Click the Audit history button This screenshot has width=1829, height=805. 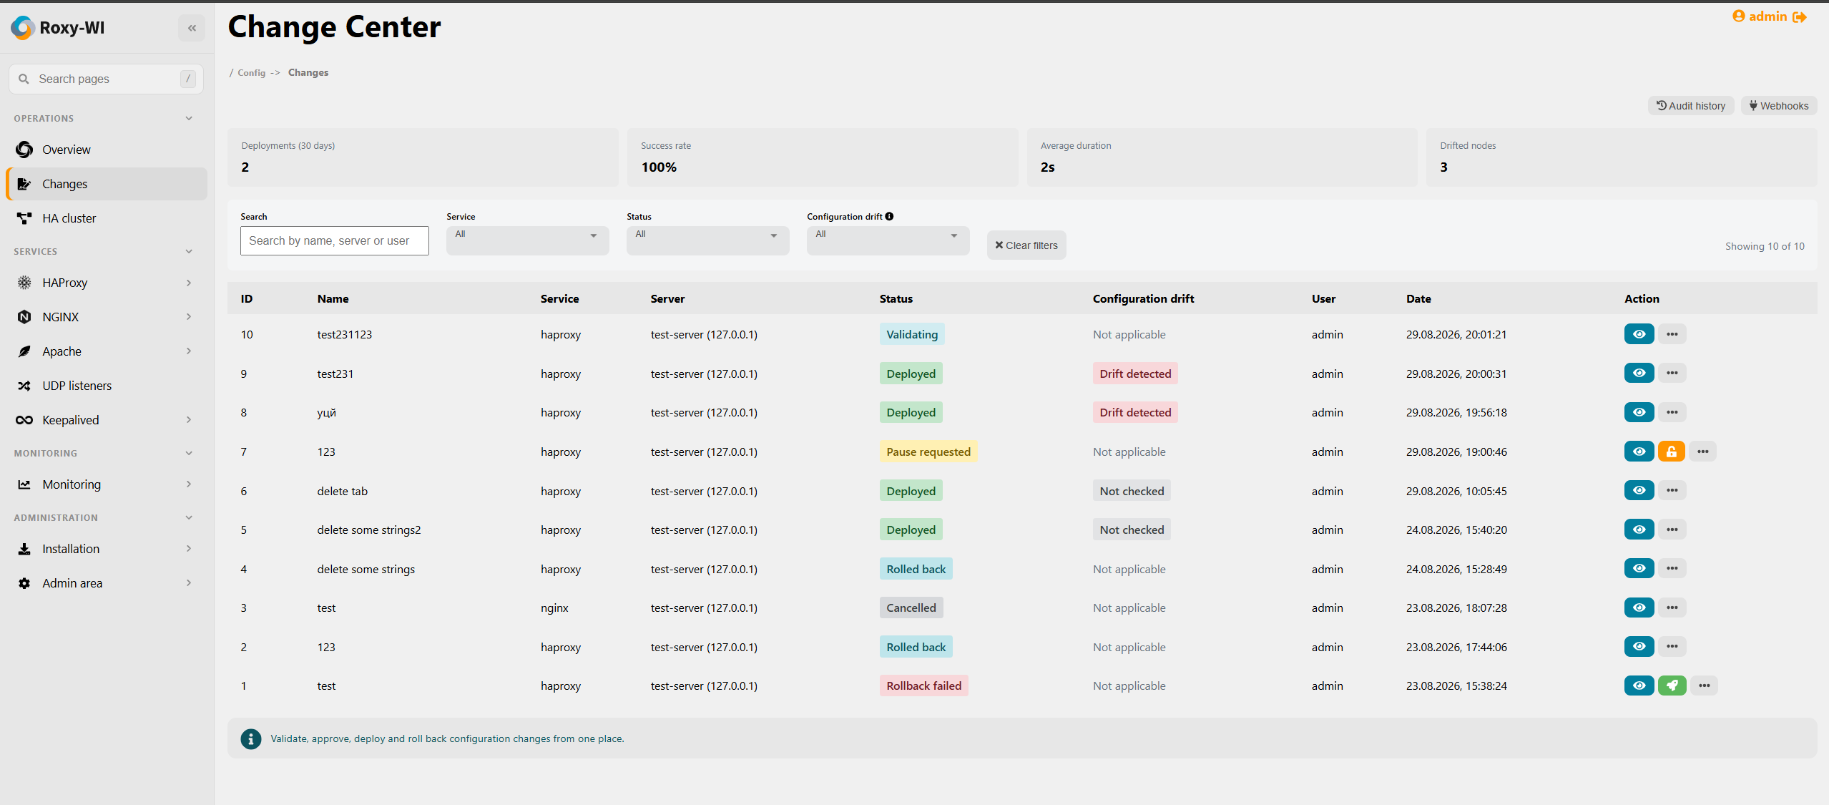click(1691, 106)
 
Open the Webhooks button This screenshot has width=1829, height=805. click(1778, 106)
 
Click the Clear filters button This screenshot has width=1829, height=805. click(1026, 245)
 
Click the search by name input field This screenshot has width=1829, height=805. click(335, 241)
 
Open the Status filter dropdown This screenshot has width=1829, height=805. click(707, 240)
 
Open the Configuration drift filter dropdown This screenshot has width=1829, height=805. click(888, 240)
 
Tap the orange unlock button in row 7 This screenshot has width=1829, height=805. click(1672, 452)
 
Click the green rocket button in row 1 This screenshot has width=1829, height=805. click(1672, 686)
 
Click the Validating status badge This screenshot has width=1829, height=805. click(912, 334)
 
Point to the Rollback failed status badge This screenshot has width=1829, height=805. click(924, 686)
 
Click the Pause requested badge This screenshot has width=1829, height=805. click(928, 452)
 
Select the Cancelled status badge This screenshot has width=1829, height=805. click(911, 608)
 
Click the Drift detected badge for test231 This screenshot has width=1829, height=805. click(1135, 374)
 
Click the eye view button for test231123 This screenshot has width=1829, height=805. click(1639, 334)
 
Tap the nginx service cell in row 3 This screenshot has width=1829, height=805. click(554, 608)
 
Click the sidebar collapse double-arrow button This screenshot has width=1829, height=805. click(192, 28)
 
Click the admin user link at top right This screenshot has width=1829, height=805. click(1768, 16)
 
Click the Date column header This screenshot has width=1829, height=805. click(1418, 298)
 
